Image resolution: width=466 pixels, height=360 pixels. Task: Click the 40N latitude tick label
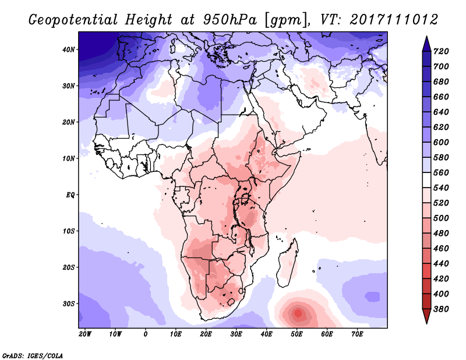tap(68, 50)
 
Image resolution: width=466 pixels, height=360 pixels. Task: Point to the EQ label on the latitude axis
tap(69, 195)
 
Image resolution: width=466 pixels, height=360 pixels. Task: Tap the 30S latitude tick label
tap(68, 303)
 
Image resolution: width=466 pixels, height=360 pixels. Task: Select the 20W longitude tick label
tap(85, 334)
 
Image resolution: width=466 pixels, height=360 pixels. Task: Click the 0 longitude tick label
tap(146, 334)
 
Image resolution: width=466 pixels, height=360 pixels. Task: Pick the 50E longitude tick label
tap(297, 334)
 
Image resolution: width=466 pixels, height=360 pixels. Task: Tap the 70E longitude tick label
tap(358, 334)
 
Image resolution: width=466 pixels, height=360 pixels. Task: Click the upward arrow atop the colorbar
tap(426, 43)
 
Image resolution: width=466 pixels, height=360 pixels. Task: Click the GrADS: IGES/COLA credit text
tap(33, 355)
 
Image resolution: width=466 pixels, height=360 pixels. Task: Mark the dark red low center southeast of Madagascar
tap(298, 313)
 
